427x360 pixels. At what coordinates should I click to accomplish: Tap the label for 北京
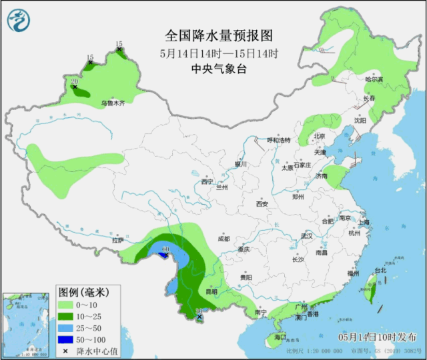click(319, 136)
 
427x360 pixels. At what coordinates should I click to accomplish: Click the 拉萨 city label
click(118, 240)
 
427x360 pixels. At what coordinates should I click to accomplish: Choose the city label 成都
click(223, 239)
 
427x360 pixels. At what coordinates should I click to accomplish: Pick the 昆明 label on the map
click(211, 291)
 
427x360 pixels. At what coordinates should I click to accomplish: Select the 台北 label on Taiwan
click(380, 270)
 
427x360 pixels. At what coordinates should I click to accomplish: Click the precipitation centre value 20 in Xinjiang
click(74, 81)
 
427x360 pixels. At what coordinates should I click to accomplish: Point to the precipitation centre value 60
click(165, 249)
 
